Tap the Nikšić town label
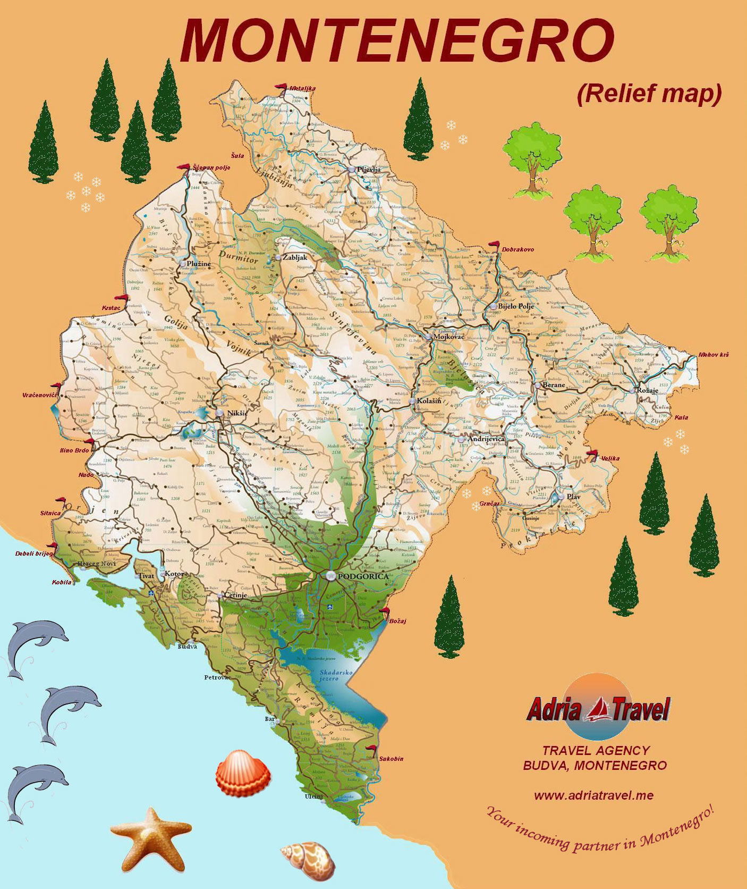pos(235,413)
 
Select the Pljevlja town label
pos(369,170)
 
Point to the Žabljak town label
pos(295,257)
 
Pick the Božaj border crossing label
pos(397,621)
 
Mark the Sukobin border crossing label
pos(391,759)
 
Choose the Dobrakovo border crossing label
pos(517,249)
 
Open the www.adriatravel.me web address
pos(593,796)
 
